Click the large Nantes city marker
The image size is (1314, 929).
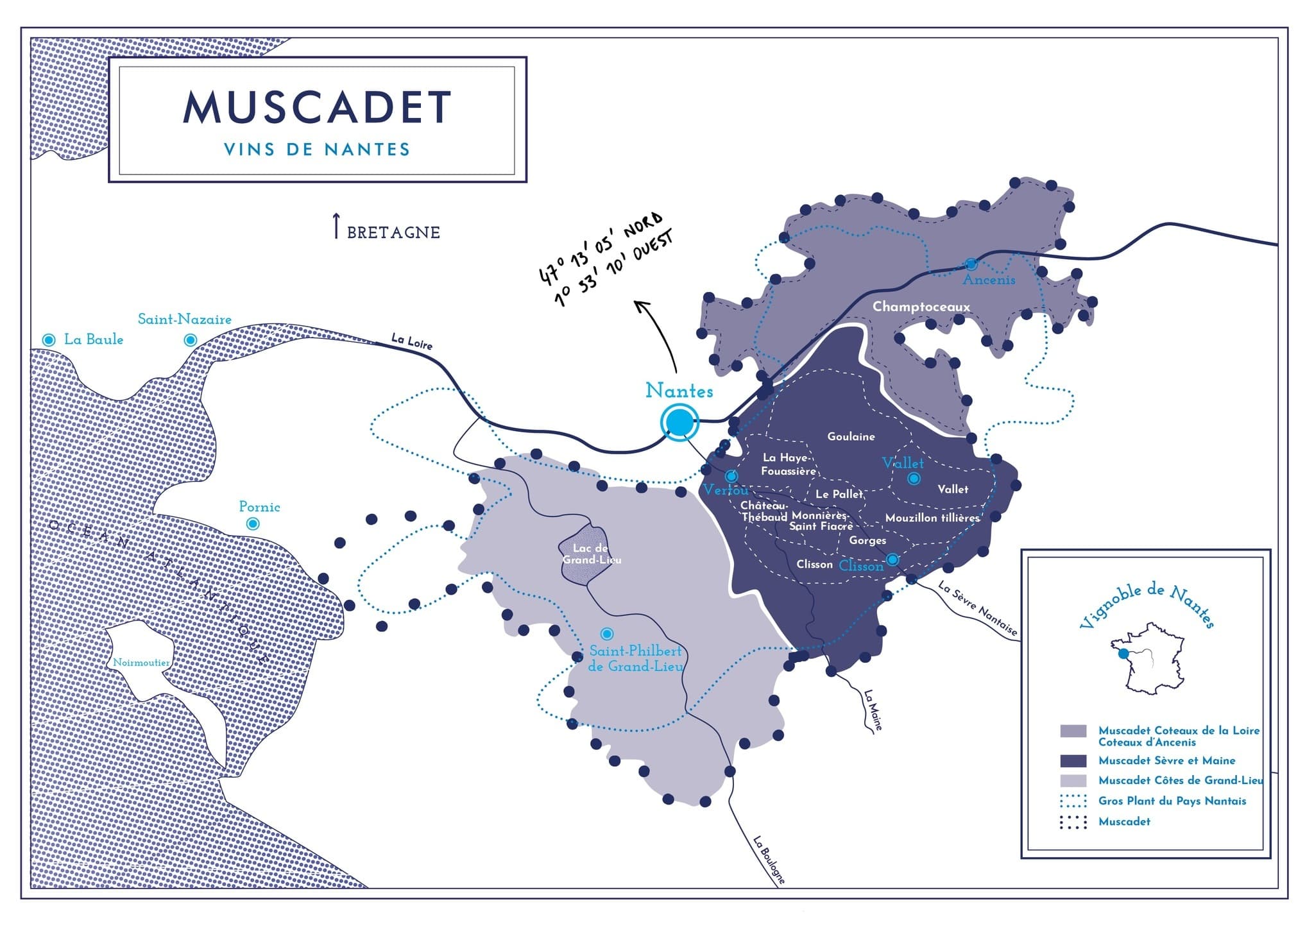(679, 422)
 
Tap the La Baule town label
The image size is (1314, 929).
(94, 339)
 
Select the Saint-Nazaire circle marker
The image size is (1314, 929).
(191, 340)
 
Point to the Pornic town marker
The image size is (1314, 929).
(253, 524)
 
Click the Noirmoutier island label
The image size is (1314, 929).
(141, 663)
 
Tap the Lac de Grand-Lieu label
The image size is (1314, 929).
(592, 554)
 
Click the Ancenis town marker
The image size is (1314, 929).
(971, 264)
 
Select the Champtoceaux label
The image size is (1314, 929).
(921, 307)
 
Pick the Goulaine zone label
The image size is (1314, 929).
(851, 436)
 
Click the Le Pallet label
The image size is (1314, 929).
(839, 494)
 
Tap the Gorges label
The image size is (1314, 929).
(867, 540)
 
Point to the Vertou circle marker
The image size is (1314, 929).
(731, 476)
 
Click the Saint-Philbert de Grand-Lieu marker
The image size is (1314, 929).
(606, 634)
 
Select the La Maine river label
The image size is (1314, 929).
(873, 710)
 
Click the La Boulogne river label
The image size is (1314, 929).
(769, 860)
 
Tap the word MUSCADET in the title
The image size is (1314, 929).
(318, 107)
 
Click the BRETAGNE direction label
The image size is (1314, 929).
(393, 232)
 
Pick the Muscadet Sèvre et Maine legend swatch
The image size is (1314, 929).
(1073, 761)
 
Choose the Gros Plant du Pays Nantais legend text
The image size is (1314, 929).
(1172, 801)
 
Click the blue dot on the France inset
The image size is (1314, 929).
(1123, 654)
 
